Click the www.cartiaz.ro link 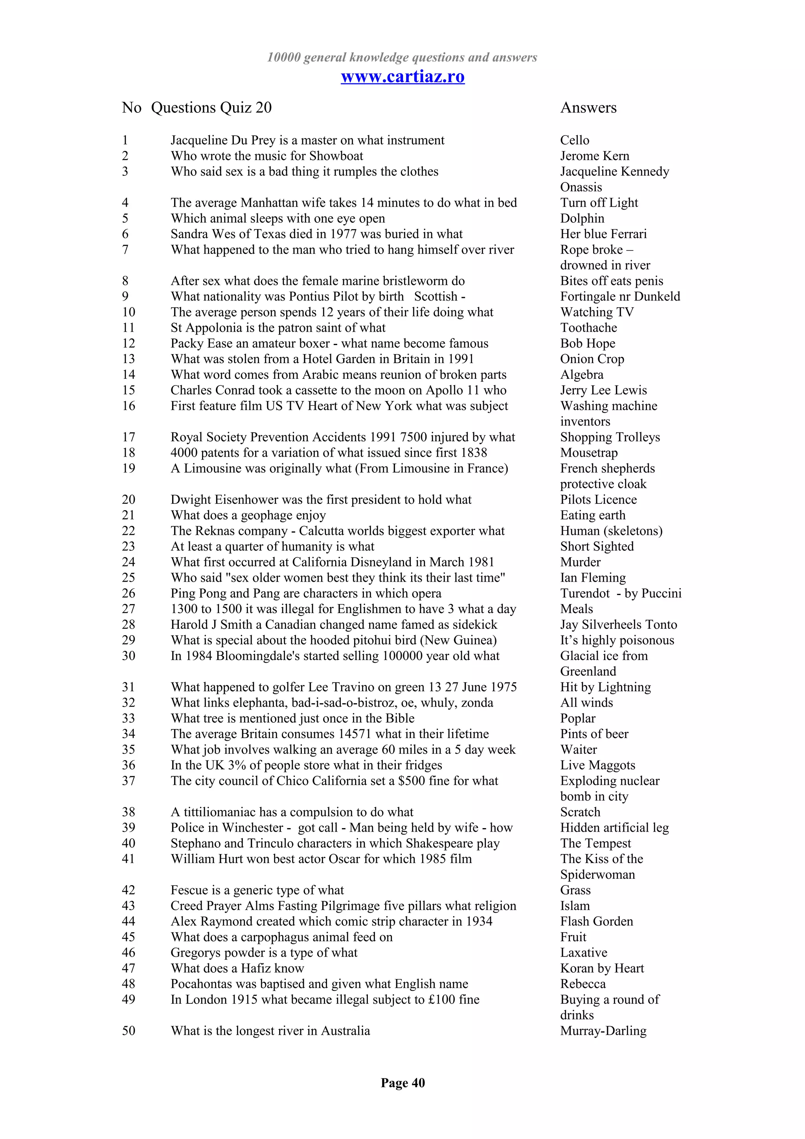point(402,77)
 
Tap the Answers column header point(588,108)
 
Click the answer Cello point(574,140)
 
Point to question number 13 point(129,359)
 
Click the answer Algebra point(581,375)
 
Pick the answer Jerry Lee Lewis point(603,390)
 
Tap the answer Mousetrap point(589,452)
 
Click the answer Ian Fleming point(593,577)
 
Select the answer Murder point(580,562)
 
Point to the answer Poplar point(577,718)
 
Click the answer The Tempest point(595,843)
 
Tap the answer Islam point(575,906)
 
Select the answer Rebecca point(583,984)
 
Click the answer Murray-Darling point(603,1031)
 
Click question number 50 point(129,1031)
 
